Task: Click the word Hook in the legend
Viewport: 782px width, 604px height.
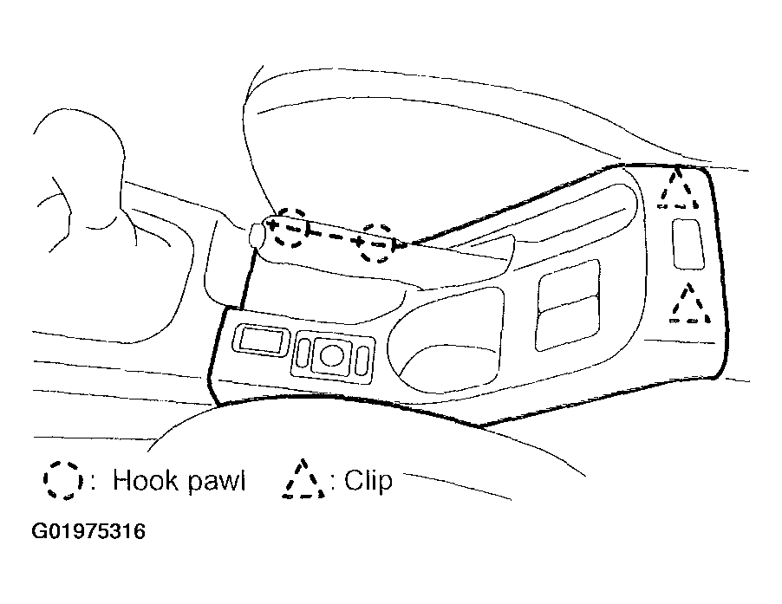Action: coord(145,480)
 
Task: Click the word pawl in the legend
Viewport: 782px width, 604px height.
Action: coord(217,483)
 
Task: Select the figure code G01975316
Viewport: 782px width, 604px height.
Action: coord(88,531)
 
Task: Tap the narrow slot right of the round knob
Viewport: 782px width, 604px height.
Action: coord(363,360)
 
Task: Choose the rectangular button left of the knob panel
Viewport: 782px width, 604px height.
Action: coord(261,340)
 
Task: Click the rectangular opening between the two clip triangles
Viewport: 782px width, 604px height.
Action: coord(688,244)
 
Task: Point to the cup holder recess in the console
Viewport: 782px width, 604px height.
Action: coord(446,339)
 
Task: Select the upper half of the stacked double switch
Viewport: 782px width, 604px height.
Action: coord(569,284)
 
